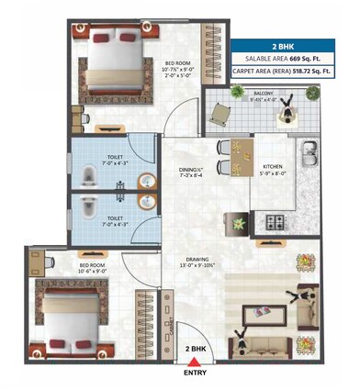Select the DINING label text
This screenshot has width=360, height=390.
coord(191,169)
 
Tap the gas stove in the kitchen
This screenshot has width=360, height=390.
coord(273,221)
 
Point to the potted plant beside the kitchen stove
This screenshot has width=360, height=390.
coord(239,222)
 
